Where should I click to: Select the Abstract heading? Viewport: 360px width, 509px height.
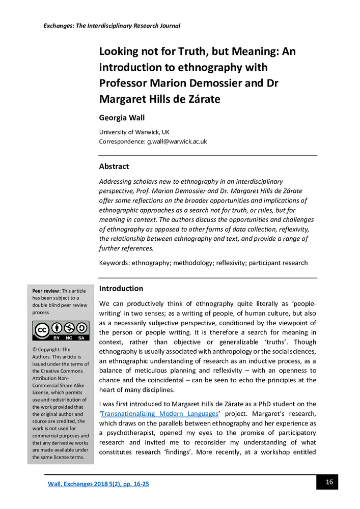click(114, 166)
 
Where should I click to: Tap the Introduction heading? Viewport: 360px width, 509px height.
click(121, 289)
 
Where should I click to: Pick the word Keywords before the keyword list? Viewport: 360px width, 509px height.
click(114, 263)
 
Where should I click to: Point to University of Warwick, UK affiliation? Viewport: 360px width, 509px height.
click(130, 132)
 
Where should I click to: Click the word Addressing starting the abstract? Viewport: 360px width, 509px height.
click(116, 182)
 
